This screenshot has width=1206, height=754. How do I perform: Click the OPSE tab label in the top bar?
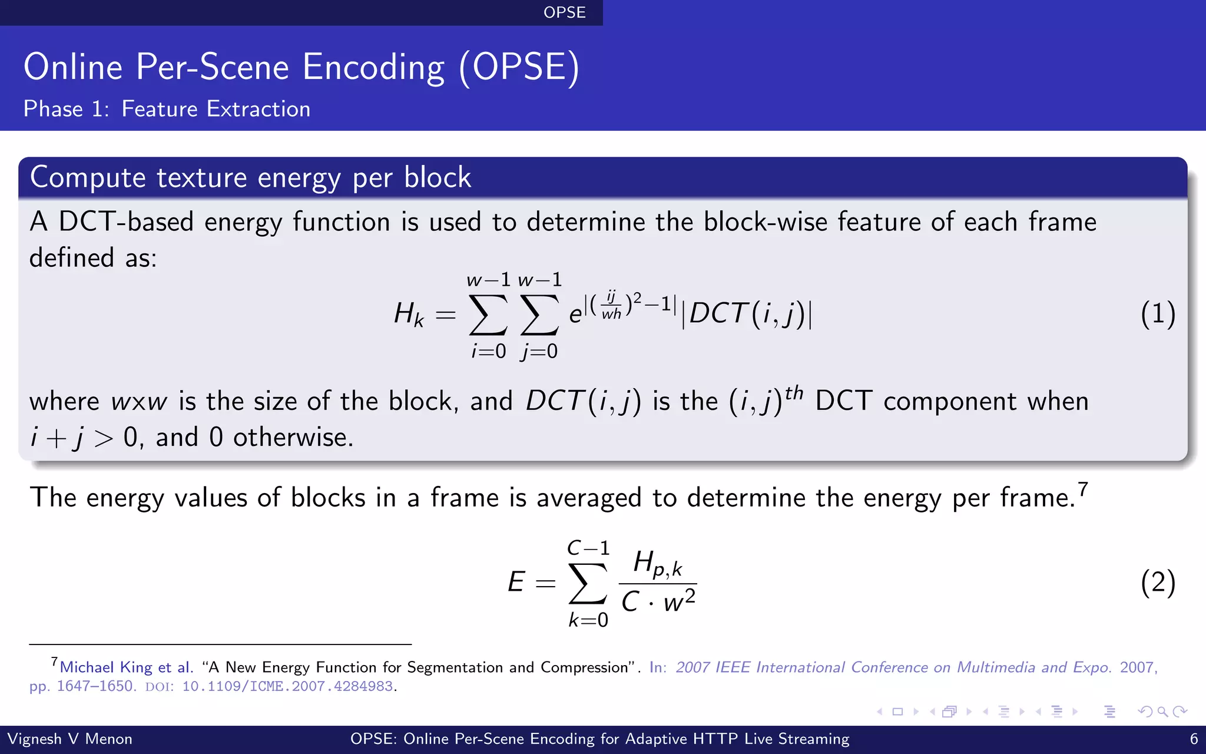564,12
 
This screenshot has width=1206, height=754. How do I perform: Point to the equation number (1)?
1157,314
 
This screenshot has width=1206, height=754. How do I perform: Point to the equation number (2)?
1157,583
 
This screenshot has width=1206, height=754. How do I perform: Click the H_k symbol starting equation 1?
409,314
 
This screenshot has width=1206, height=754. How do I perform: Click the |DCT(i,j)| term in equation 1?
747,314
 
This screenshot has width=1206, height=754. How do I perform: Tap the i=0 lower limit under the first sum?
488,351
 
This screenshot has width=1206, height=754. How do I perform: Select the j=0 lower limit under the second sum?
539,351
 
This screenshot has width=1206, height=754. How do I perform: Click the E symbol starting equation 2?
516,583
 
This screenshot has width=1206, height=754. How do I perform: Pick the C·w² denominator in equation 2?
658,601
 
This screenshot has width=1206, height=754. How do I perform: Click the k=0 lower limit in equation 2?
588,620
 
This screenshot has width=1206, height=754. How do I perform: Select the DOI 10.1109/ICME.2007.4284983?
287,687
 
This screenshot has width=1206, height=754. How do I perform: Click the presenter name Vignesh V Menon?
69,739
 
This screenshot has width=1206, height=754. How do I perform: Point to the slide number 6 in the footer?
1194,739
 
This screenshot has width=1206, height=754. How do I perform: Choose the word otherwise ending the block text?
292,438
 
